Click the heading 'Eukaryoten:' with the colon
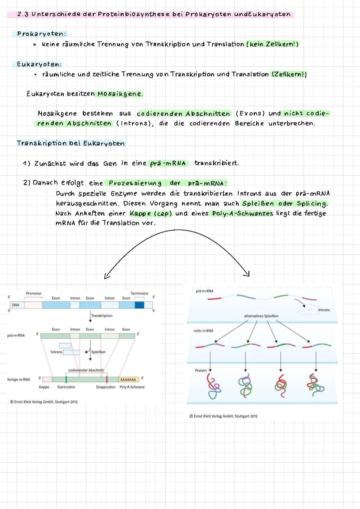[39, 64]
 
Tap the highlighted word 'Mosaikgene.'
[120, 94]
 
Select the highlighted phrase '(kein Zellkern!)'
[272, 44]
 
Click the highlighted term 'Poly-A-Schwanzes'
[242, 213]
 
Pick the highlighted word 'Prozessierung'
[135, 183]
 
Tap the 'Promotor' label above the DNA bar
[34, 294]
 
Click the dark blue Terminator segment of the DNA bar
[139, 305]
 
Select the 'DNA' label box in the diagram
[16, 305]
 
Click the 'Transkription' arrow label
[102, 316]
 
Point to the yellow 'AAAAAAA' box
[128, 380]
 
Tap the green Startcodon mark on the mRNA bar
[66, 379]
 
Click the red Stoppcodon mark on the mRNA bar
[107, 379]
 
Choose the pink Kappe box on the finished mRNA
[47, 379]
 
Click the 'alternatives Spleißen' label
[261, 316]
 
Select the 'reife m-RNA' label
[203, 331]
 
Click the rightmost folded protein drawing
[316, 385]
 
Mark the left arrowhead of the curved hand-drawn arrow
[107, 276]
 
